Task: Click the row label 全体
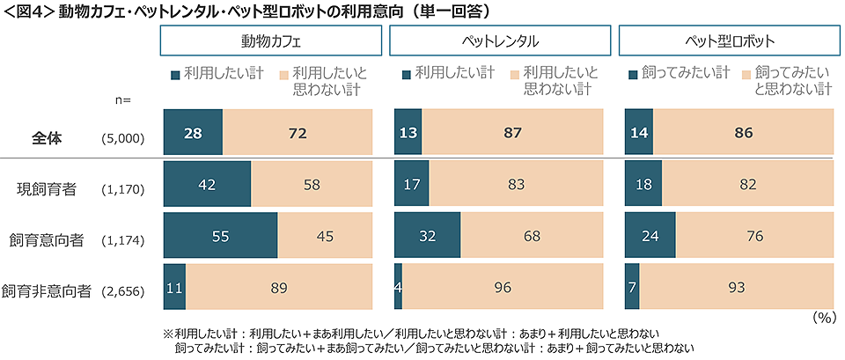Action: click(45, 138)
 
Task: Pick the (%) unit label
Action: click(824, 317)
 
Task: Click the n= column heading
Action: click(121, 99)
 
